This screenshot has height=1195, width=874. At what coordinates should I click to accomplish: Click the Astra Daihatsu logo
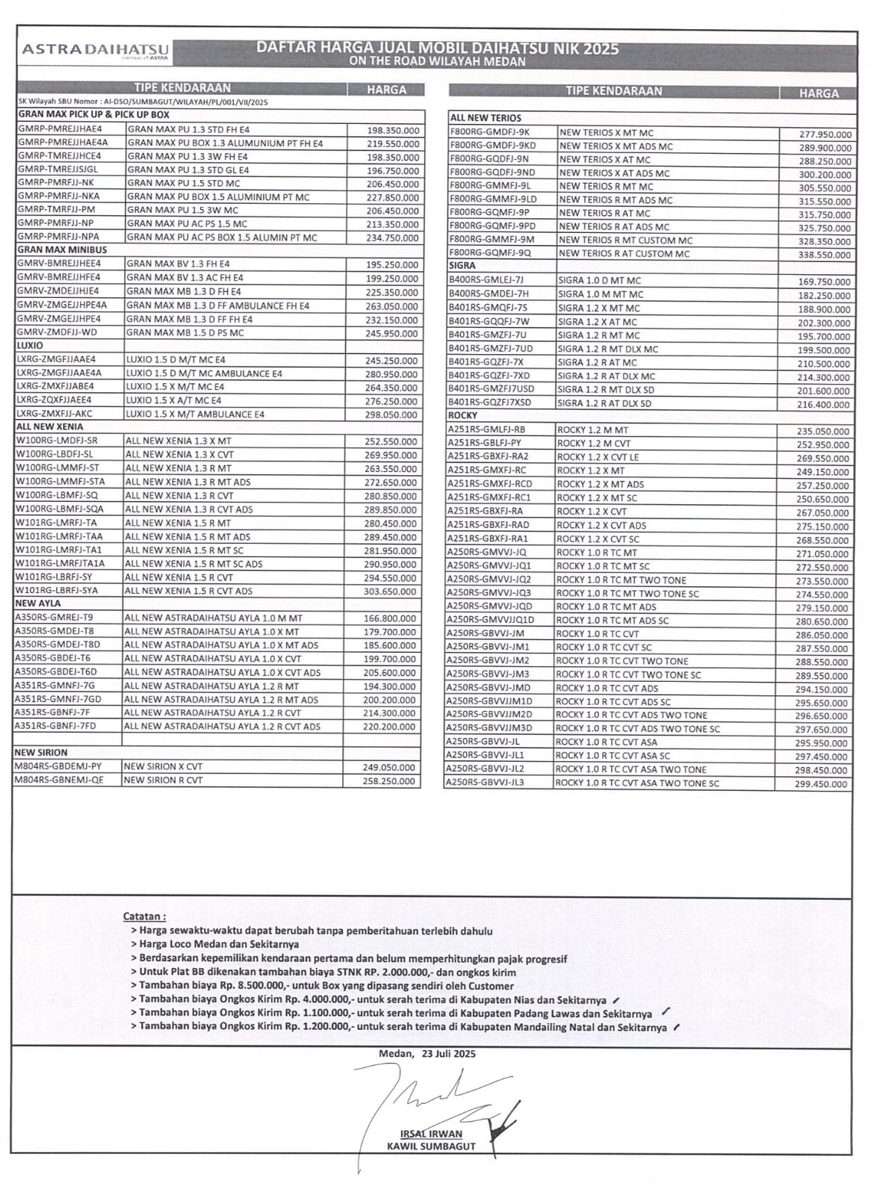click(96, 49)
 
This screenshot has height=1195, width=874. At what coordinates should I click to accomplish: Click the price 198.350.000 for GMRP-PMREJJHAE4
click(393, 130)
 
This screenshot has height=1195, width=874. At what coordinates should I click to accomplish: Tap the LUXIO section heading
click(31, 346)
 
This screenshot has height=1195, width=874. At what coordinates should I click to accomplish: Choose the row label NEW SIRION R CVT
click(163, 780)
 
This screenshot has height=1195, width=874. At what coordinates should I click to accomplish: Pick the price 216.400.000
click(823, 405)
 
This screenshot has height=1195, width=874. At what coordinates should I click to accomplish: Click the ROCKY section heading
click(462, 415)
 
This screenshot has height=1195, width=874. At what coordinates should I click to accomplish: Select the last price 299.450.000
click(821, 784)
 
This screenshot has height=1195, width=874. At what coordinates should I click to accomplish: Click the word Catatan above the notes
click(144, 916)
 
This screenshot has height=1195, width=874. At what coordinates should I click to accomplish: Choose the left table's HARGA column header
click(386, 90)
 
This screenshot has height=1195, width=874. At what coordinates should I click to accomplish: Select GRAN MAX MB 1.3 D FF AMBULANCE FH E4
click(217, 305)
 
